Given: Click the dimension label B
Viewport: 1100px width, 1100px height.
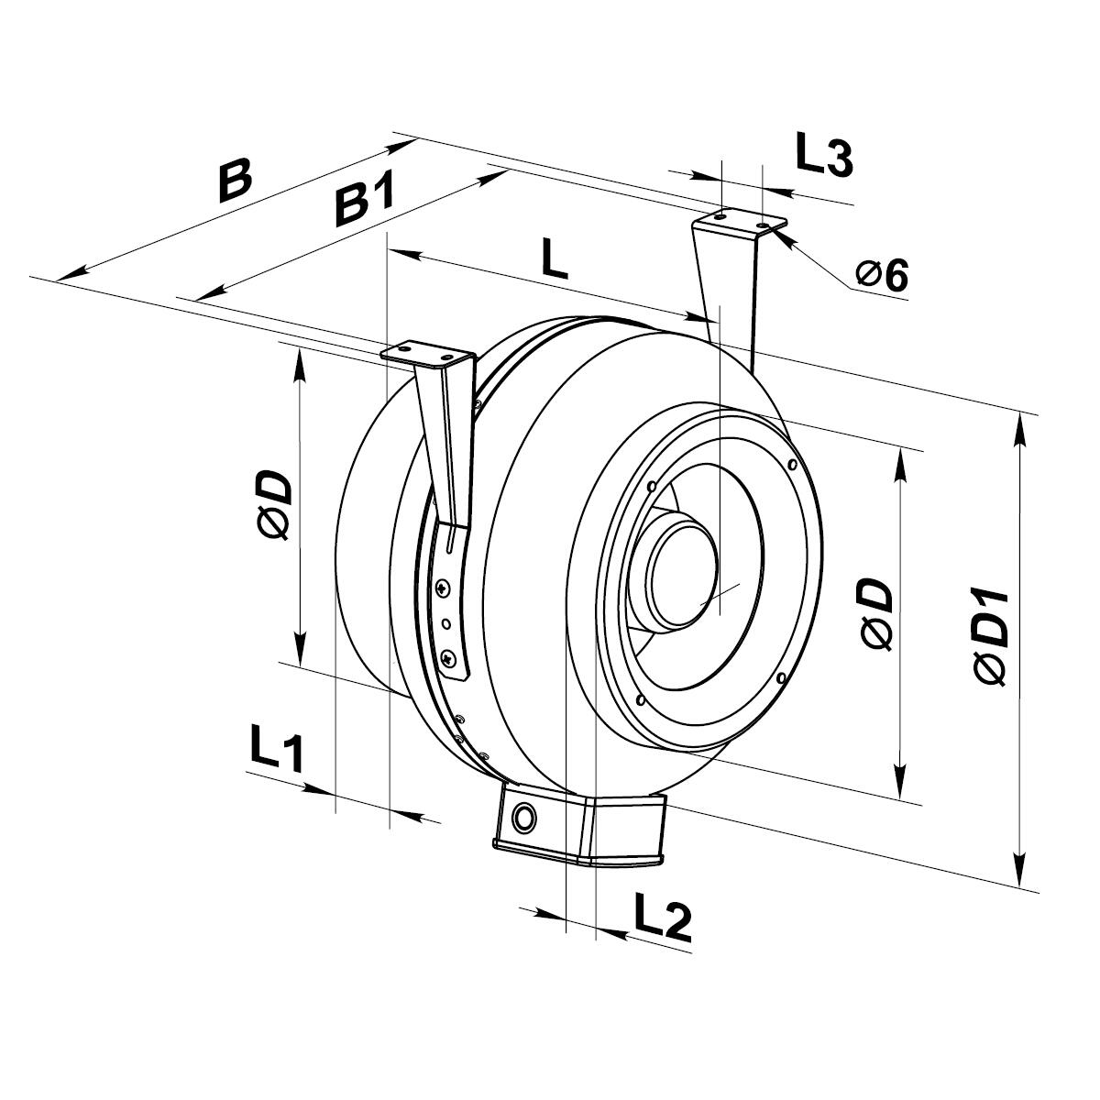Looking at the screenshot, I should [235, 181].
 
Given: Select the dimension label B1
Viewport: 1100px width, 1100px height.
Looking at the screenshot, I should [364, 203].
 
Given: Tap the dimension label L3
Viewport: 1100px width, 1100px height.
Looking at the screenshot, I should [823, 155].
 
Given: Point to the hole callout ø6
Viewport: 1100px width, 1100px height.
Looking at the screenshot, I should [882, 274].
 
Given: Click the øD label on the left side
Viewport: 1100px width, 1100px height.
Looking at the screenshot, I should [275, 505].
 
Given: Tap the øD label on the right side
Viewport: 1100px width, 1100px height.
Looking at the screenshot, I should [878, 615].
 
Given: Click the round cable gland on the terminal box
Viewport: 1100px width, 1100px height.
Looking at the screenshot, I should [525, 816].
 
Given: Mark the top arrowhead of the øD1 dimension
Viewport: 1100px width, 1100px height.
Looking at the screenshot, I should [1019, 425].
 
